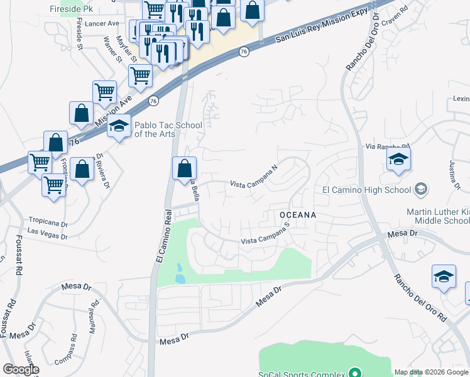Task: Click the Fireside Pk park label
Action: pyautogui.click(x=71, y=9)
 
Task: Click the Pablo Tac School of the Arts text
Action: pyautogui.click(x=160, y=129)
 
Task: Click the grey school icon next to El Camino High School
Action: pyautogui.click(x=421, y=189)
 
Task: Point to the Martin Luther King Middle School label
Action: pyautogui.click(x=438, y=216)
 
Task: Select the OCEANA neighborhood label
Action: pyautogui.click(x=297, y=215)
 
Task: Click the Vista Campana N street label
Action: pyautogui.click(x=253, y=177)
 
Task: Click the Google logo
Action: pyautogui.click(x=21, y=369)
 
